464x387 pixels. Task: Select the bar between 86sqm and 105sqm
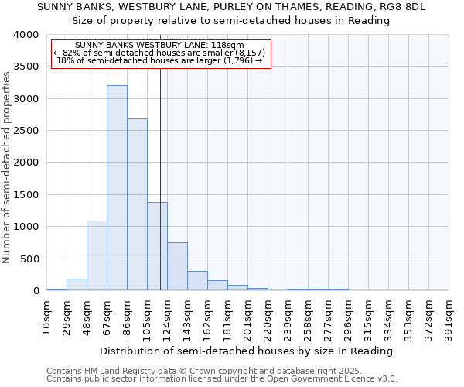click(137, 205)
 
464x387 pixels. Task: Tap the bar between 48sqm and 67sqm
click(97, 255)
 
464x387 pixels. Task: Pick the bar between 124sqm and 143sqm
click(177, 266)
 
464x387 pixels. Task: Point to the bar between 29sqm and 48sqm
click(77, 285)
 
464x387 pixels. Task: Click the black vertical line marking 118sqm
click(160, 178)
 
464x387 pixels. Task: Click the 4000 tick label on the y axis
click(26, 35)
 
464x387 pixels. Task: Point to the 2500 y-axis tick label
click(26, 131)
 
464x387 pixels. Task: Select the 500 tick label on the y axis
click(29, 259)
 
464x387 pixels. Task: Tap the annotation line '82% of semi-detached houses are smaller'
click(160, 53)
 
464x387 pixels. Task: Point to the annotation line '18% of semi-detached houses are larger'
click(160, 60)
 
